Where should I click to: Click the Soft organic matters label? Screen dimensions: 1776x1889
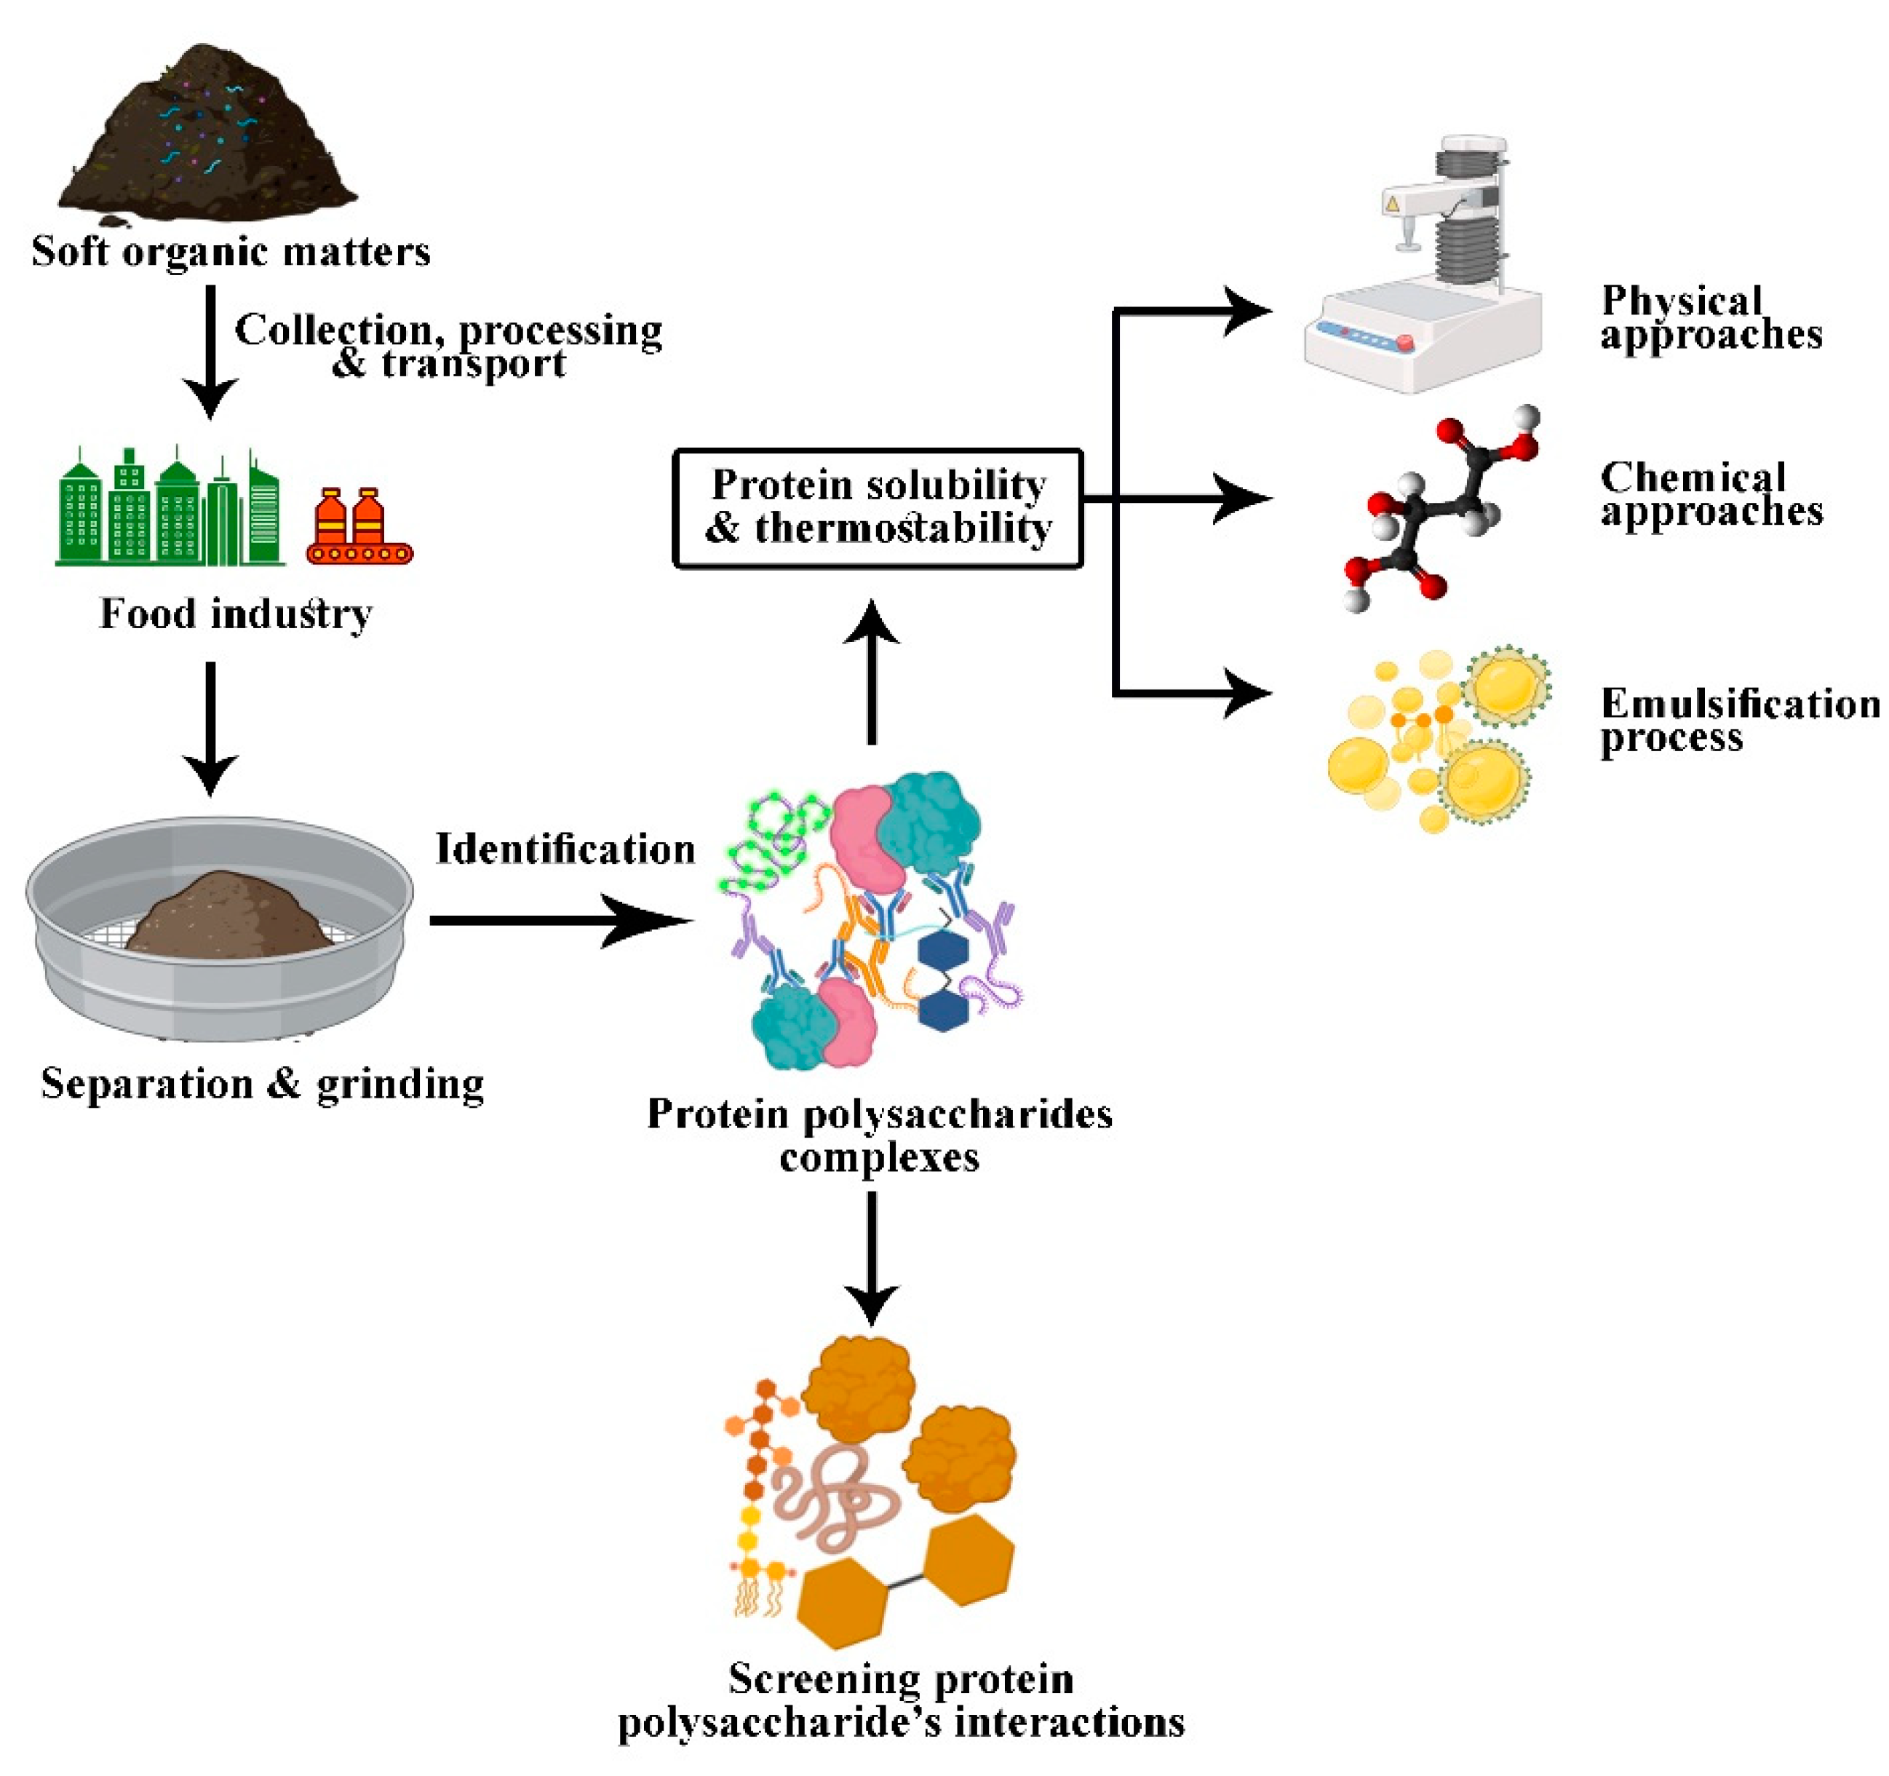pos(231,252)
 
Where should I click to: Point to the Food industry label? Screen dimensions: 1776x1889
pos(236,614)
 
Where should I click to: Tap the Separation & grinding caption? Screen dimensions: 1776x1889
pos(262,1083)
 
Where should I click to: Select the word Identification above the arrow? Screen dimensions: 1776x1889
pos(565,849)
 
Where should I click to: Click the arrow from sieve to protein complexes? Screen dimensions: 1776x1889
pos(560,920)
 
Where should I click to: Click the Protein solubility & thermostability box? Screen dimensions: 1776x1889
pos(878,507)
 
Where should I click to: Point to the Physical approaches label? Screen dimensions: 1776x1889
pos(1711,317)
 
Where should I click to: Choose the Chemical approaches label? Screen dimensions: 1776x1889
pos(1711,494)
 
